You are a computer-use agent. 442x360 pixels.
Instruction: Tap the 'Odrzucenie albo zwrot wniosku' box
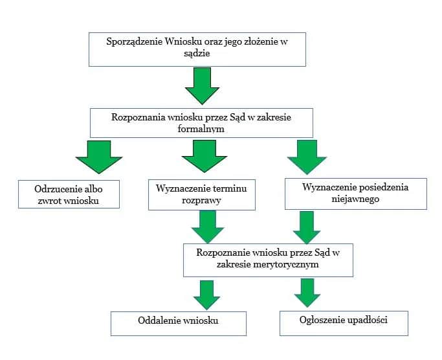point(69,194)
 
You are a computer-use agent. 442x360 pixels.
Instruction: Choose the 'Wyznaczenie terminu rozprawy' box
point(201,194)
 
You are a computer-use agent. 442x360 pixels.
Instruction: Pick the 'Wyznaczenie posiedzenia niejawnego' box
point(355,193)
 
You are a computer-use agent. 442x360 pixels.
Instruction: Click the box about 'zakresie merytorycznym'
point(268,259)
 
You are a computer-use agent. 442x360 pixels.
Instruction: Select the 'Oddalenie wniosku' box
point(178,322)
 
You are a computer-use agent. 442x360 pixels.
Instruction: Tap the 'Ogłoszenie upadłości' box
point(343,322)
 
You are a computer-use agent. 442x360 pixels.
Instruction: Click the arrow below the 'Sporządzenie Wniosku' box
point(202,85)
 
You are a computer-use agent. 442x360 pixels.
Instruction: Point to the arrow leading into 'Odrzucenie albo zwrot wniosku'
point(98,157)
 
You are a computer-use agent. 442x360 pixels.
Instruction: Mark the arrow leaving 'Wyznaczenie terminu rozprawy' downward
point(207,226)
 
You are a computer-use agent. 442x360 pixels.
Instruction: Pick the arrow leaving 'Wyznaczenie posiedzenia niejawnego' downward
point(307,226)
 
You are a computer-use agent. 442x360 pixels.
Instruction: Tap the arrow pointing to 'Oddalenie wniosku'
point(207,295)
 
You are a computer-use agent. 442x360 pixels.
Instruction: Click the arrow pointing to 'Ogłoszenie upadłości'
point(307,293)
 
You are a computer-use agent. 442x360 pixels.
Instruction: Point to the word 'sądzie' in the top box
point(197,55)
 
